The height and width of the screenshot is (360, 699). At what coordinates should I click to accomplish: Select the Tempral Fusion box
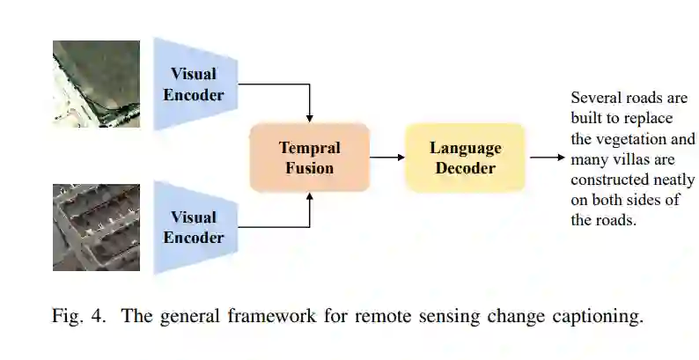(309, 157)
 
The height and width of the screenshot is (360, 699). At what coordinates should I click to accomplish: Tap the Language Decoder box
(465, 158)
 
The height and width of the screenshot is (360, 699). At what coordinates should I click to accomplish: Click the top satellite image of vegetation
(95, 84)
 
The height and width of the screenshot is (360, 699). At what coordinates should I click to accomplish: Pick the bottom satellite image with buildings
(95, 226)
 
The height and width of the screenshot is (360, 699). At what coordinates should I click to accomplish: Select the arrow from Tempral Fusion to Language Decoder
(386, 158)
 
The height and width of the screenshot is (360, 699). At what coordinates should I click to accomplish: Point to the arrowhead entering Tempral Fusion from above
(309, 117)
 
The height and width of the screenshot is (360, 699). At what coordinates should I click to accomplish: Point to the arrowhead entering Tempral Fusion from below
(309, 197)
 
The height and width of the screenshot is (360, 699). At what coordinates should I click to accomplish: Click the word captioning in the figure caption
(597, 317)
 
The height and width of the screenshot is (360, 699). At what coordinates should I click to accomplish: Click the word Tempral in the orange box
(309, 147)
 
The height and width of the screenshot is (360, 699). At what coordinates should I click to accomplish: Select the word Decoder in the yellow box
(465, 167)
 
